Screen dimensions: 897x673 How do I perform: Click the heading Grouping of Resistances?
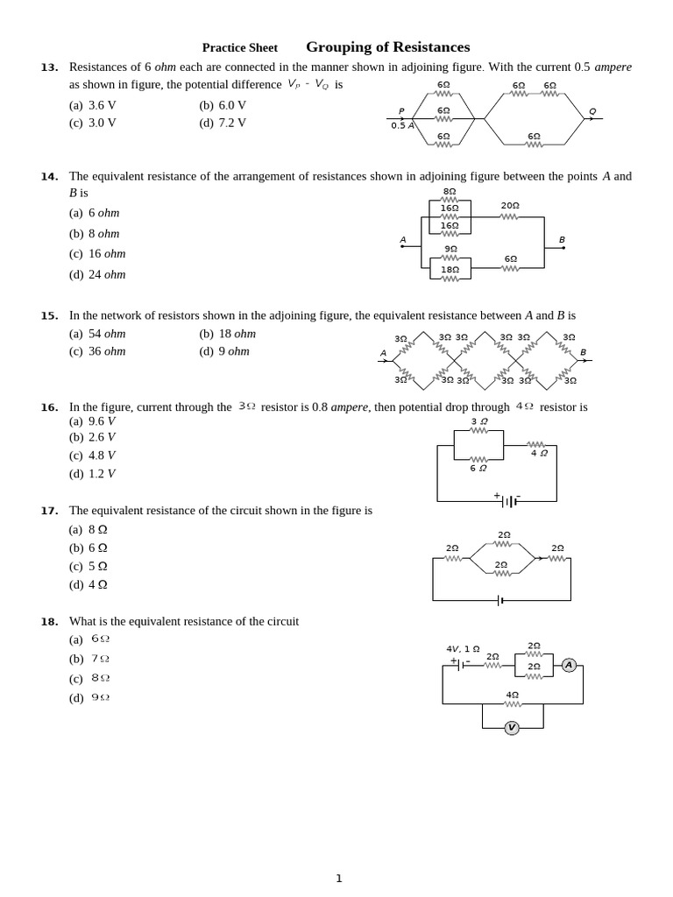pos(387,47)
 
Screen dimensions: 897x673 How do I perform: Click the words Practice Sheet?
pos(239,48)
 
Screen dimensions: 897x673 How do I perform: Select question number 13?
pos(49,67)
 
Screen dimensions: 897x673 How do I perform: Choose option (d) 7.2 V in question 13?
pos(223,123)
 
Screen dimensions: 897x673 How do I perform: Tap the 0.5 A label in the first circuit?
pos(402,125)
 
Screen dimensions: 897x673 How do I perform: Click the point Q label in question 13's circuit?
pos(592,111)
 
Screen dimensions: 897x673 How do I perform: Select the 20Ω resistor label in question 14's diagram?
pos(510,206)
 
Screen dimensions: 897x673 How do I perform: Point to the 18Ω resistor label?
pos(450,270)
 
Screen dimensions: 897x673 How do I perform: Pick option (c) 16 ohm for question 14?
pos(97,254)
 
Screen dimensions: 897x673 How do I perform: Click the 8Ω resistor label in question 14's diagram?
pos(450,191)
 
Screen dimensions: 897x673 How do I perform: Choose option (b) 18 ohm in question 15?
pos(227,334)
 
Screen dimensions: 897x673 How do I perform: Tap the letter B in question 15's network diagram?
pos(583,352)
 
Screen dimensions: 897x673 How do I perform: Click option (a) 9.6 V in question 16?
pos(92,421)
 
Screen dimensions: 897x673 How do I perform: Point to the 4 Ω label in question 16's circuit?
pos(539,453)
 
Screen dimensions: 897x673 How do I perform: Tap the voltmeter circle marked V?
pos(512,727)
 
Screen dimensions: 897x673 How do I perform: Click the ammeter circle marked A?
pos(569,665)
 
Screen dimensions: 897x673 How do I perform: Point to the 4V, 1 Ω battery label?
pos(463,649)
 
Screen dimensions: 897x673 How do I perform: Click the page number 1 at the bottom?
pos(339,879)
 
